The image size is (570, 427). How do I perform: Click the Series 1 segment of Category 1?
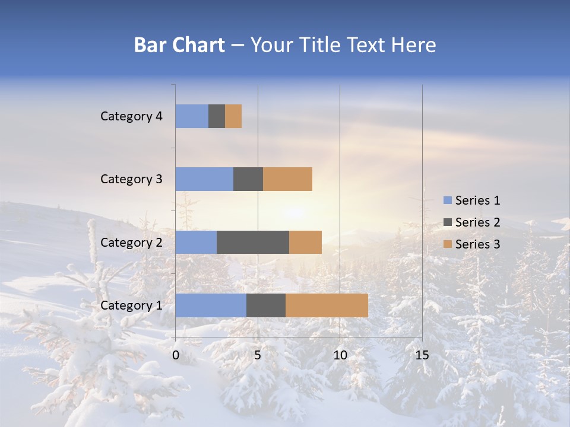(x=211, y=305)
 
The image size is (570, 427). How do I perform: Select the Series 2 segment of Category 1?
(x=266, y=305)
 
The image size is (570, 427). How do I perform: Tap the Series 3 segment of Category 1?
(x=327, y=305)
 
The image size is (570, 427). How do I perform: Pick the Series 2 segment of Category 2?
(x=253, y=242)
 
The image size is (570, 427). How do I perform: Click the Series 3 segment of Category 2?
(x=305, y=242)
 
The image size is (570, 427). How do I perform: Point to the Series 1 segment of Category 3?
(x=204, y=179)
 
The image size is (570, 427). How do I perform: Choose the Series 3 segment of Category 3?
(x=287, y=179)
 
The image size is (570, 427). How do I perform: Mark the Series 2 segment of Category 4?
(x=217, y=116)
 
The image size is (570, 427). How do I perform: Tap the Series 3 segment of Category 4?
(x=233, y=116)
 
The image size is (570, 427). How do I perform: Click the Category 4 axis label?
(x=131, y=116)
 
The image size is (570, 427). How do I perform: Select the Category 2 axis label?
(x=131, y=243)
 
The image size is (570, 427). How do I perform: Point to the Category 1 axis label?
(x=131, y=305)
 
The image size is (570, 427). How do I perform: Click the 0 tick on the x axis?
(x=176, y=355)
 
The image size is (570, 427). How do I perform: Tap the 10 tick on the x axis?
(x=340, y=355)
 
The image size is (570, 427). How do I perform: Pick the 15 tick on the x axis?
(x=422, y=355)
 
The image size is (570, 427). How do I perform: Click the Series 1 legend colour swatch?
(x=447, y=200)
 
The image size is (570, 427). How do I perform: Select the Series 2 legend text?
(x=477, y=222)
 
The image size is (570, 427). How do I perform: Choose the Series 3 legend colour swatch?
(x=447, y=244)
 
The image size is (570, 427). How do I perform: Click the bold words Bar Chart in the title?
(x=179, y=45)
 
